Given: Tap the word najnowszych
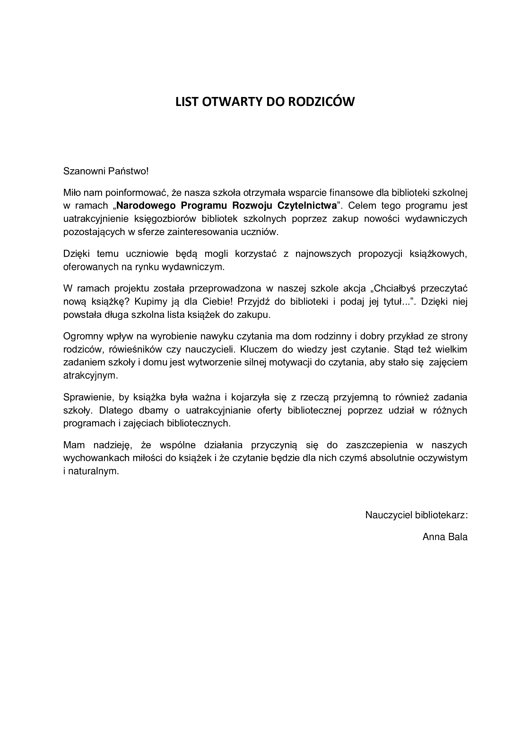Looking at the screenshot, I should tap(323, 254).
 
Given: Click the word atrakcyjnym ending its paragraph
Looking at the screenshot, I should tap(90, 376).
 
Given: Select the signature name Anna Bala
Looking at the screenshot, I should tap(445, 537).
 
